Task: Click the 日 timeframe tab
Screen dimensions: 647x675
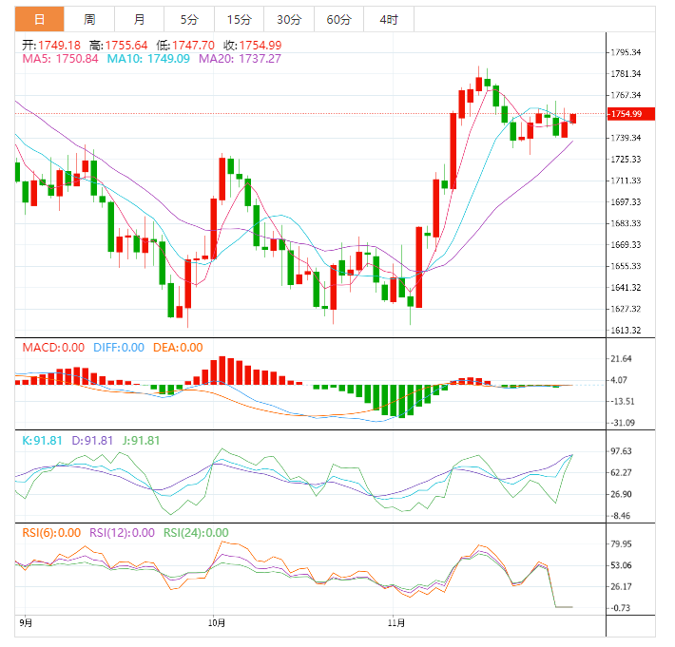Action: coord(39,19)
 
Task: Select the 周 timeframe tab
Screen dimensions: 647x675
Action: coord(89,19)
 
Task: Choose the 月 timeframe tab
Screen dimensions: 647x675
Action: coord(140,19)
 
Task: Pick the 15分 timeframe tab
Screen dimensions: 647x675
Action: coord(240,19)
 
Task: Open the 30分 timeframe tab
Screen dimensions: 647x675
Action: coord(289,19)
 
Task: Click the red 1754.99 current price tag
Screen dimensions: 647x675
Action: coord(627,114)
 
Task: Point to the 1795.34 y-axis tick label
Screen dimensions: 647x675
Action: coord(629,52)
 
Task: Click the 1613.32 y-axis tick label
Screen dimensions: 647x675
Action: coord(629,331)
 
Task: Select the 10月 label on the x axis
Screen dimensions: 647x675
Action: coord(217,623)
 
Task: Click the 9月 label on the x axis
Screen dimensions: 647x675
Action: coord(27,623)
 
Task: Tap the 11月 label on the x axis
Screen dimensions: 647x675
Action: coord(397,623)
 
